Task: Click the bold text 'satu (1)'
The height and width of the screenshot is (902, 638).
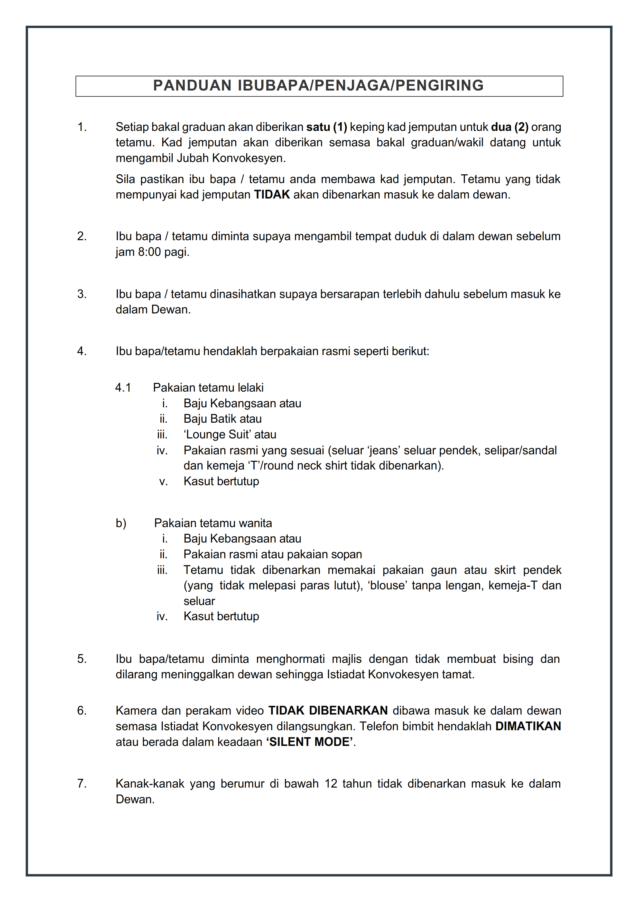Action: coord(327,127)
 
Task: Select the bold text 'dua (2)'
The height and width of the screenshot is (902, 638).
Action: coord(510,127)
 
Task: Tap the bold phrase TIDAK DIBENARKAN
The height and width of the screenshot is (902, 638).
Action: coord(328,711)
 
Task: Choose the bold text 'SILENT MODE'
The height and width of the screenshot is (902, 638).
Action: coord(310,742)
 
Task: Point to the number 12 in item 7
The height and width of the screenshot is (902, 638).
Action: coord(331,784)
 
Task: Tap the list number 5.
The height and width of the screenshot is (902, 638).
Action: coord(81,659)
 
